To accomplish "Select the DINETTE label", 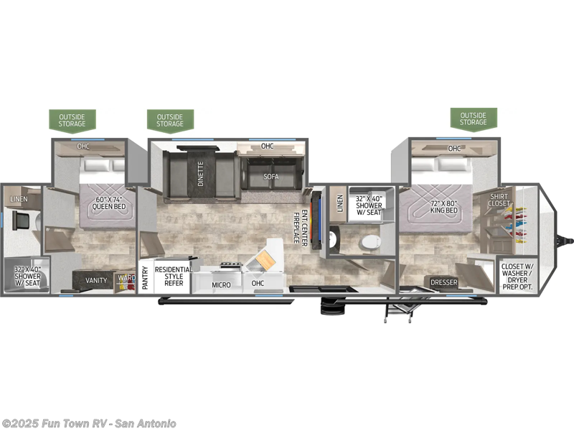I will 200,174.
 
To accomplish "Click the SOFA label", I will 270,176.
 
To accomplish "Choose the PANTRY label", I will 145,278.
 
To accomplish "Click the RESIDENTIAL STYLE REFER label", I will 174,277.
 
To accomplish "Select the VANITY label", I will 96,281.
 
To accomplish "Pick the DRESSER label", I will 444,282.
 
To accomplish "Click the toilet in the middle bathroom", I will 371,243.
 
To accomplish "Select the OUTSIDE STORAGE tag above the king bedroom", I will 474,119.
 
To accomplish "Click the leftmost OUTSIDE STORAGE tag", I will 72,120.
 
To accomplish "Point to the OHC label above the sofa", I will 268,147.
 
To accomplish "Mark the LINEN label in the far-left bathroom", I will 19,198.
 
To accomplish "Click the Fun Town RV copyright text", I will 89,423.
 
